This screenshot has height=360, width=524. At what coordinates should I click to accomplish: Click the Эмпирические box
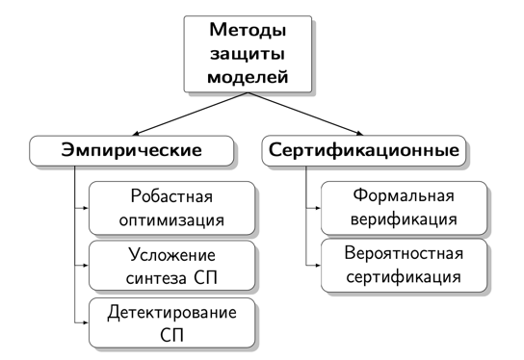132,150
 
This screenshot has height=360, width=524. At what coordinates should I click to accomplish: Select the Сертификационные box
364,150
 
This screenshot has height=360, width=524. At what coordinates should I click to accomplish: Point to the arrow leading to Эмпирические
183,116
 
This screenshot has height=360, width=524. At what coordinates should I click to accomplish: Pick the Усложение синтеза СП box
170,266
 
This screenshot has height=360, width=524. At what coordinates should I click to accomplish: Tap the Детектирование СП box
170,323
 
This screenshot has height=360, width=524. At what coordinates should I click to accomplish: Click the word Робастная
170,197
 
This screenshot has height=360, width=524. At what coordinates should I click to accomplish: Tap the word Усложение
170,255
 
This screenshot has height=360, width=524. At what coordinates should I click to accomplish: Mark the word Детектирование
170,313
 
